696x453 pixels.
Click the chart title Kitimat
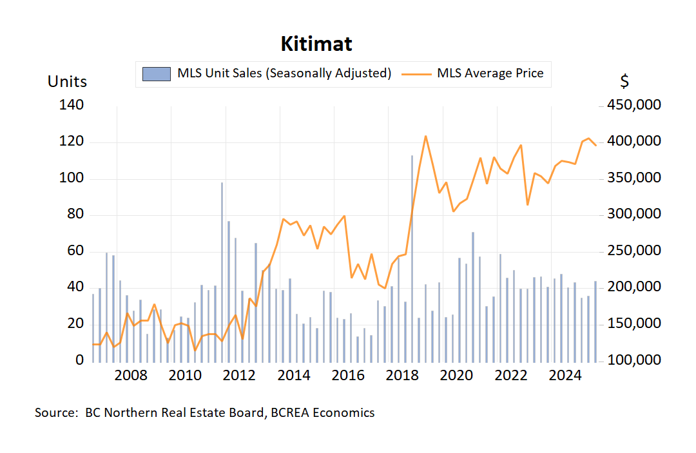[316, 44]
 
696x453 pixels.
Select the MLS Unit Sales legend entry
[284, 73]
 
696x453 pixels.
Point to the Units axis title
[67, 82]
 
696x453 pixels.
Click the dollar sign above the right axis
[624, 82]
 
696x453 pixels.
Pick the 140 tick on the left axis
[71, 105]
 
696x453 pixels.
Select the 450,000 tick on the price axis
[630, 105]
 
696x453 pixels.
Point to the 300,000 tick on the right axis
[630, 214]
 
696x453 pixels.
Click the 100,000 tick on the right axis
[630, 360]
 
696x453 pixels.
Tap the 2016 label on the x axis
[348, 375]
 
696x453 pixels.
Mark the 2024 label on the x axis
[565, 375]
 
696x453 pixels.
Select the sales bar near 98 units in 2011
[222, 271]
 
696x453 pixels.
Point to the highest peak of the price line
[425, 136]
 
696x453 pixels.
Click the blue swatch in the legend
[157, 73]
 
